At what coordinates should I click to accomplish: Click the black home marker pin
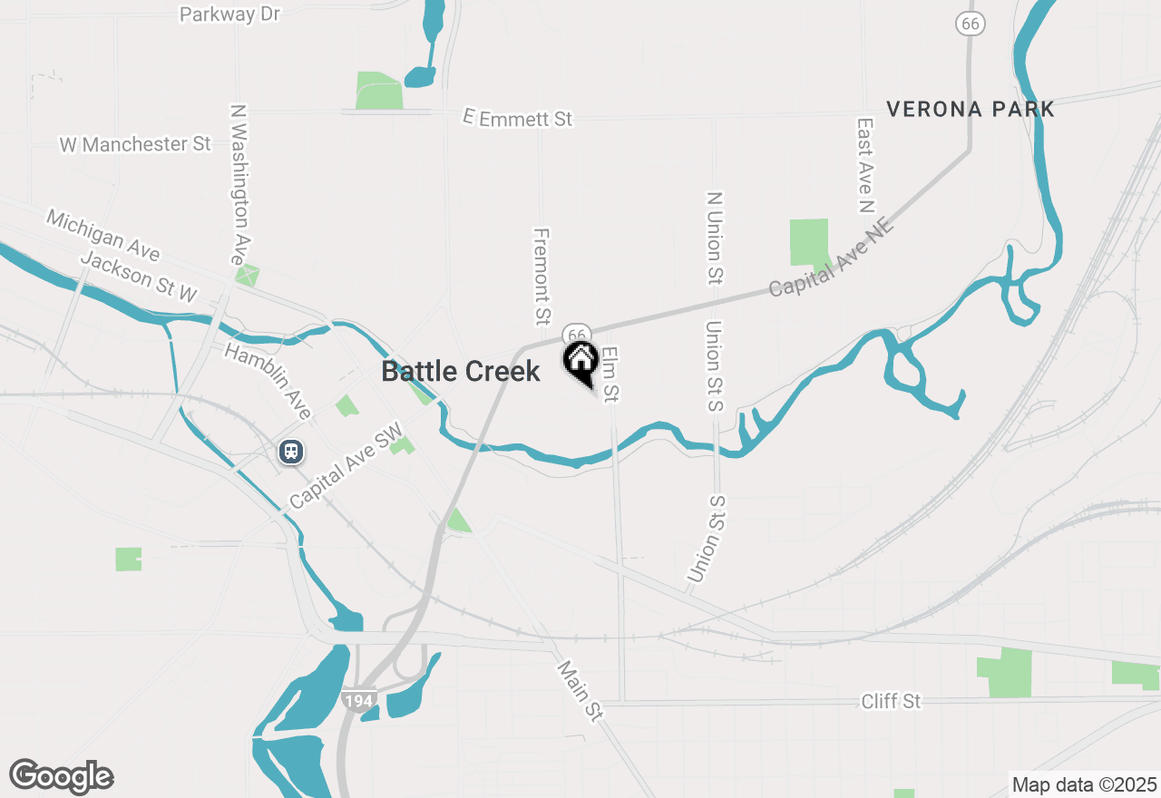[580, 361]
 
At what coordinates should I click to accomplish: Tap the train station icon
[291, 451]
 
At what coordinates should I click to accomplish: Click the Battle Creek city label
[461, 371]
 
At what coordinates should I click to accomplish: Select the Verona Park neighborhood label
[971, 110]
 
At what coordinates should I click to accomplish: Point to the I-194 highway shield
[360, 700]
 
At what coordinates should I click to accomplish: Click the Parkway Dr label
[230, 15]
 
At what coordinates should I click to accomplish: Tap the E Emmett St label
[518, 118]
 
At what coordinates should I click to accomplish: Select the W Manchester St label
[135, 144]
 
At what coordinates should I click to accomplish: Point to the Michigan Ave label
[103, 234]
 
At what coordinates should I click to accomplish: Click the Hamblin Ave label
[268, 381]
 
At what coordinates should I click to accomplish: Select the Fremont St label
[541, 276]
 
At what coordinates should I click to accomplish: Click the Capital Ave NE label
[832, 257]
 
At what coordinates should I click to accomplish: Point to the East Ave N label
[864, 165]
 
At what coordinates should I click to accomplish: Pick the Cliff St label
[891, 701]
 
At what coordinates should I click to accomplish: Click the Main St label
[580, 691]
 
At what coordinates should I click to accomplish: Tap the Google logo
[62, 776]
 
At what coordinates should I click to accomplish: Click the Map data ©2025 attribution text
[1084, 784]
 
